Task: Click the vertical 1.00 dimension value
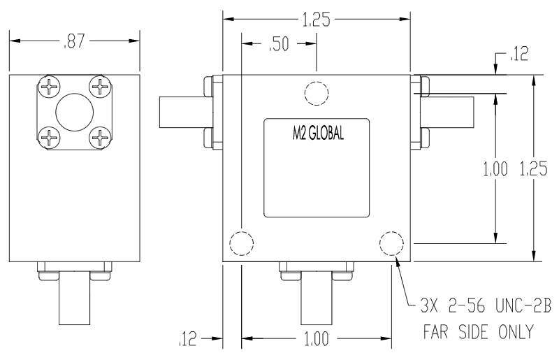(495, 170)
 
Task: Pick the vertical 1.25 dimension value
(533, 170)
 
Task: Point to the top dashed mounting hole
(317, 92)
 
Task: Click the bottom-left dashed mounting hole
(240, 243)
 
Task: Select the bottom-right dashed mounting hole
(391, 243)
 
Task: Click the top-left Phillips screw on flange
(50, 87)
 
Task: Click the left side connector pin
(180, 112)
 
